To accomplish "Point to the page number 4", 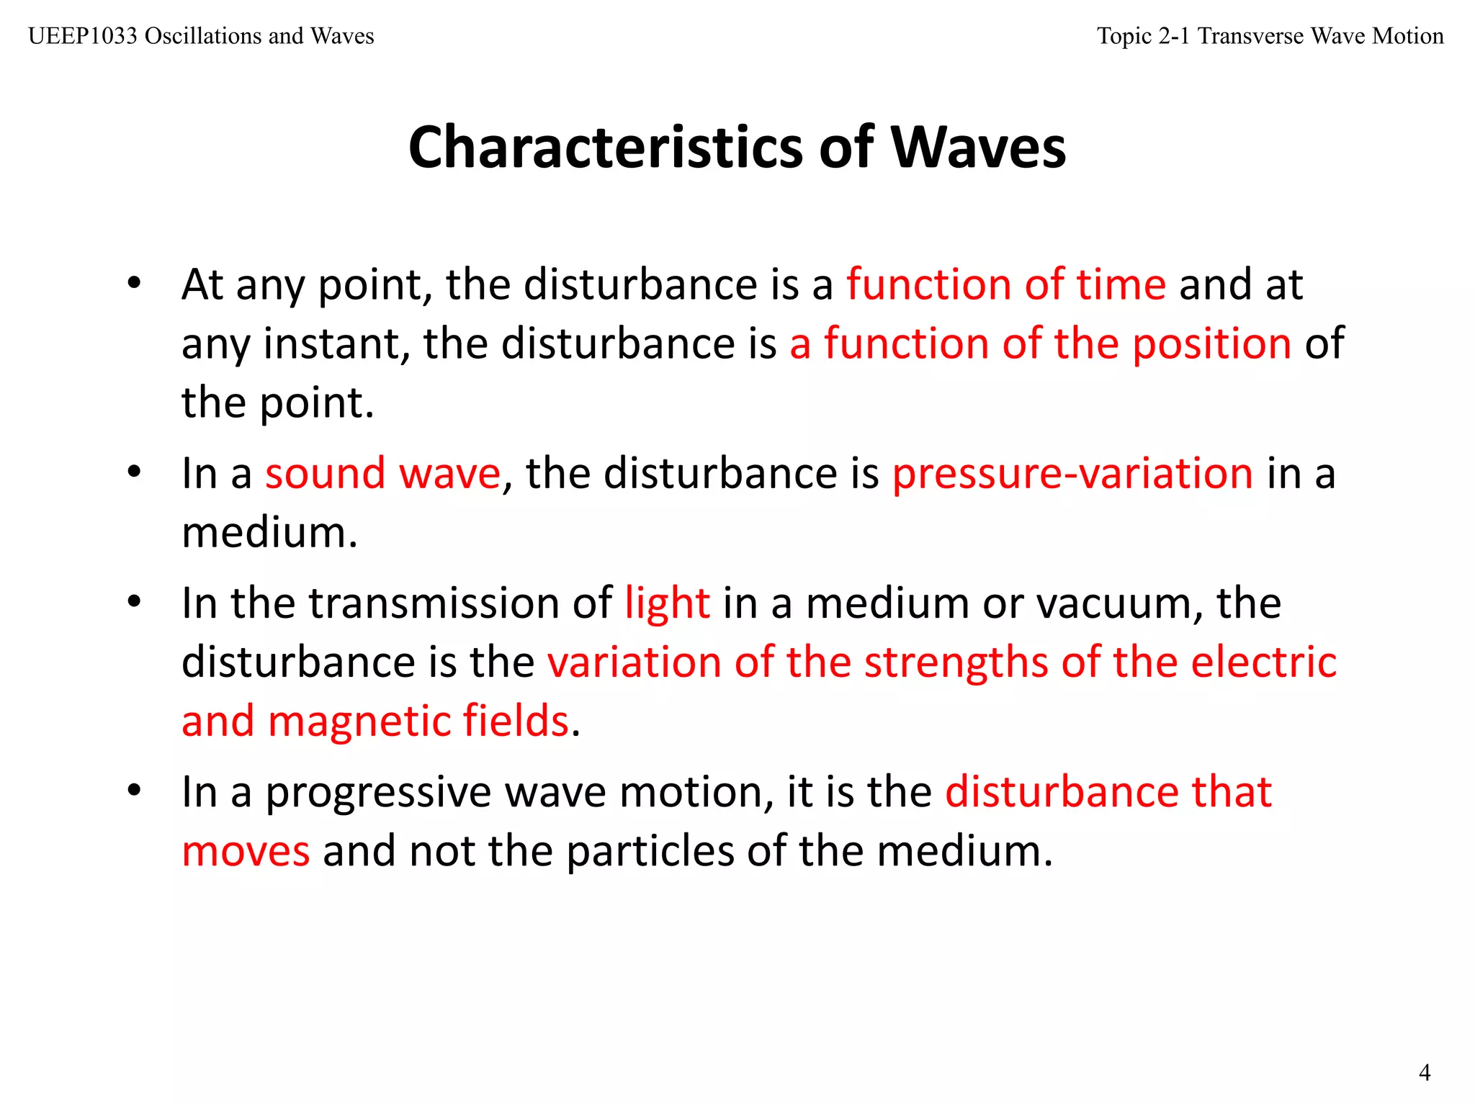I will point(1424,1072).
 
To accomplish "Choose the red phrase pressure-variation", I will point(1072,474).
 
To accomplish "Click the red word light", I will point(667,603).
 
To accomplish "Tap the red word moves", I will point(246,851).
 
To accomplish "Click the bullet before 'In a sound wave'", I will point(134,473).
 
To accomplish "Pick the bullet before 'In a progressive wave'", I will point(134,791).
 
